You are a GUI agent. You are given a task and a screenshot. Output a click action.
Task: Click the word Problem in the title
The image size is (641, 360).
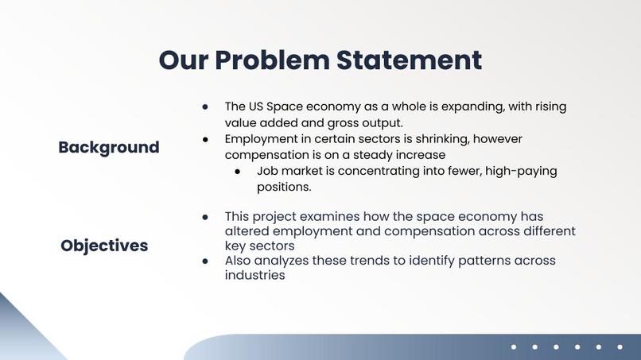[x=271, y=60]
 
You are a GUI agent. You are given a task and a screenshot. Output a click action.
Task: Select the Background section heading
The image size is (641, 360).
[x=109, y=147]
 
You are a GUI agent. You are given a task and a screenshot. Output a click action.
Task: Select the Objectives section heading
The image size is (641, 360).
[x=104, y=246]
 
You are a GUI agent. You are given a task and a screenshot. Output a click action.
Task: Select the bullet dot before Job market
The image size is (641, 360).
[x=237, y=172]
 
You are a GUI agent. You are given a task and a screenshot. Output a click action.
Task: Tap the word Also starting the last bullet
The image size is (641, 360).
[x=239, y=261]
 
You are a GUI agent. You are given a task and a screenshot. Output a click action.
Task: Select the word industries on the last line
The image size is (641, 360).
[x=254, y=276]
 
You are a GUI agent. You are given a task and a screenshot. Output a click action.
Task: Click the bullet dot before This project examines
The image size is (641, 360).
[x=205, y=217]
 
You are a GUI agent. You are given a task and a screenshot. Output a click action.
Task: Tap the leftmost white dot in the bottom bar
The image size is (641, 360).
[x=514, y=346]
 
